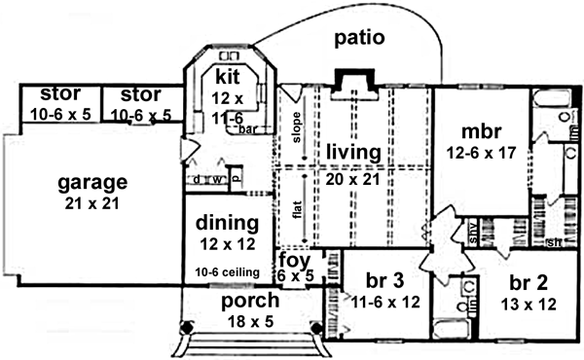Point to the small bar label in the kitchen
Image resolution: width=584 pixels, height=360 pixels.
248,128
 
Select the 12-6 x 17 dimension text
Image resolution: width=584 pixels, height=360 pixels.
480,153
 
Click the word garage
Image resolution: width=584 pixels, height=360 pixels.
92,182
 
